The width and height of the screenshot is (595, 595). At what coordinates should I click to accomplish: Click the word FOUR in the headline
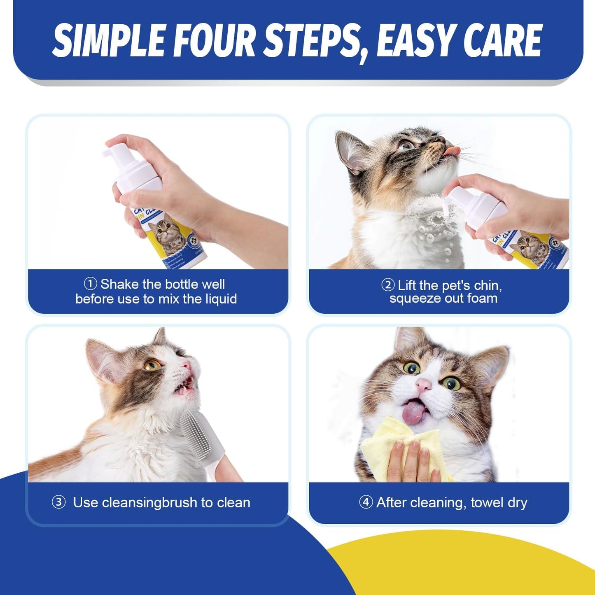(214, 40)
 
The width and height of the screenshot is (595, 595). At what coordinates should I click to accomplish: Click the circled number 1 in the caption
(90, 284)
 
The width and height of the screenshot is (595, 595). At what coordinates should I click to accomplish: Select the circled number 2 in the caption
(388, 285)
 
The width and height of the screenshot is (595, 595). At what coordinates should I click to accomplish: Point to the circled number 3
(58, 502)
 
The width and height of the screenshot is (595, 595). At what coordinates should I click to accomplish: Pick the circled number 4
(366, 502)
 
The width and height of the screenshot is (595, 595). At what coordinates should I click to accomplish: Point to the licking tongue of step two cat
(451, 152)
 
